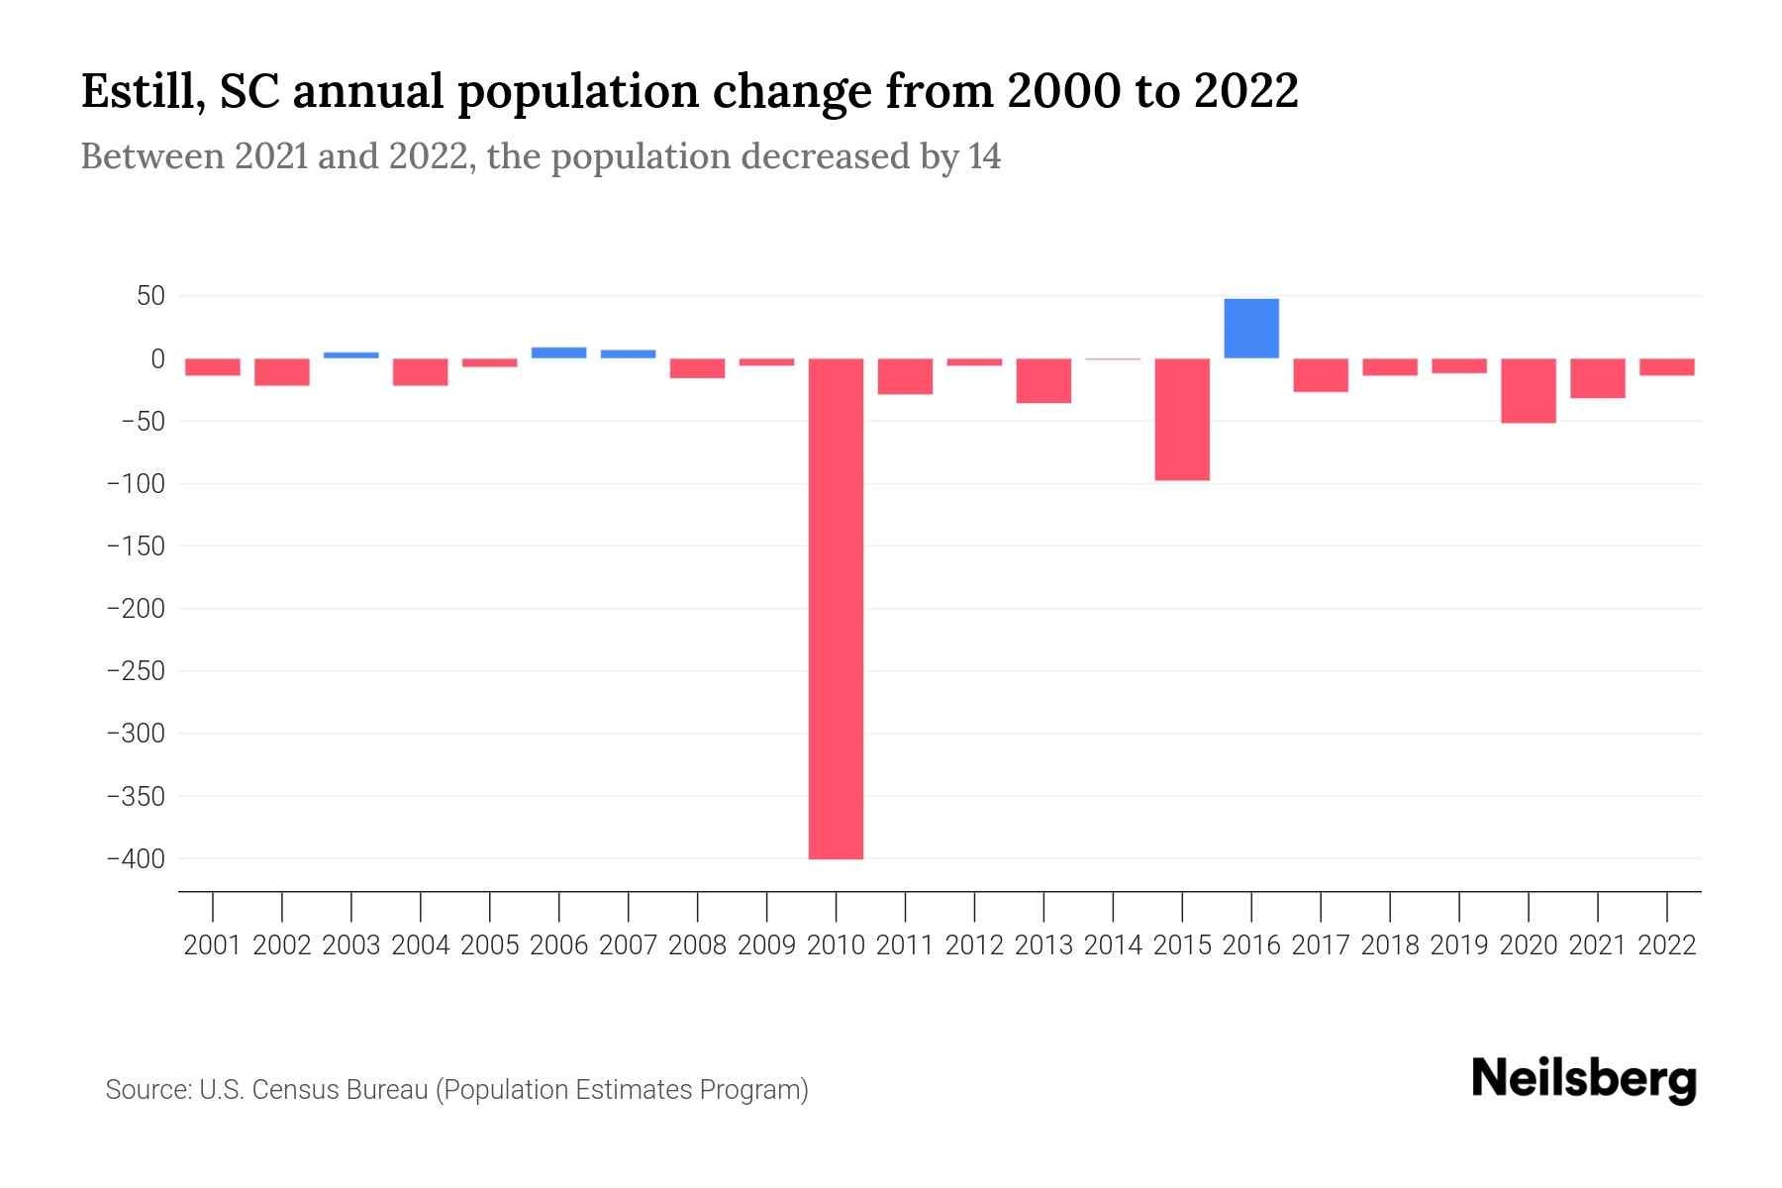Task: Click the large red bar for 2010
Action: pyautogui.click(x=836, y=608)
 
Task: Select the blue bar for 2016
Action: pyautogui.click(x=1251, y=329)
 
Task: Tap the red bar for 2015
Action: pyautogui.click(x=1182, y=420)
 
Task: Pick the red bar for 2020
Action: pyautogui.click(x=1529, y=391)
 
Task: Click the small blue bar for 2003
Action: pyautogui.click(x=351, y=354)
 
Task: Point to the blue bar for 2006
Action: pyautogui.click(x=559, y=352)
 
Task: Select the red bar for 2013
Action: pyautogui.click(x=1043, y=381)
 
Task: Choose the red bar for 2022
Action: pyautogui.click(x=1667, y=367)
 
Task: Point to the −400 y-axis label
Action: pyautogui.click(x=136, y=859)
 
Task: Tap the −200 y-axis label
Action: pyautogui.click(x=136, y=609)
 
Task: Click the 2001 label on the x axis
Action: pyautogui.click(x=213, y=945)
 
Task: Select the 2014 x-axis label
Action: pyautogui.click(x=1113, y=945)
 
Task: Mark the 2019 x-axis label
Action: pyautogui.click(x=1459, y=945)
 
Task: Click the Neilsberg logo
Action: pyautogui.click(x=1584, y=1080)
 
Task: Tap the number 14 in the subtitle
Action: pyautogui.click(x=984, y=156)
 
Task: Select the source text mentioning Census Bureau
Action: pyautogui.click(x=456, y=1090)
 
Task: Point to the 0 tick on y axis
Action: pyautogui.click(x=157, y=358)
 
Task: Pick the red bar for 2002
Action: pyautogui.click(x=282, y=372)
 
